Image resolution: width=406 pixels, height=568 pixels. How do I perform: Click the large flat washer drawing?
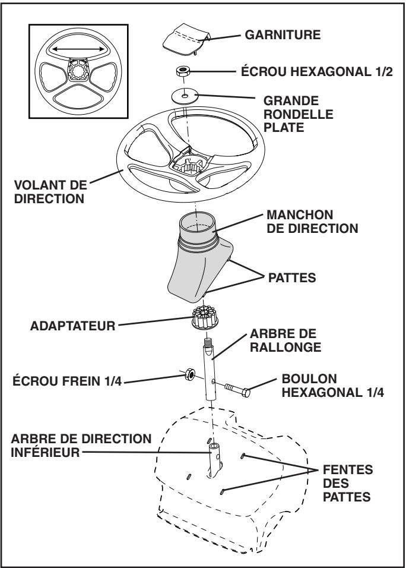click(186, 95)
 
